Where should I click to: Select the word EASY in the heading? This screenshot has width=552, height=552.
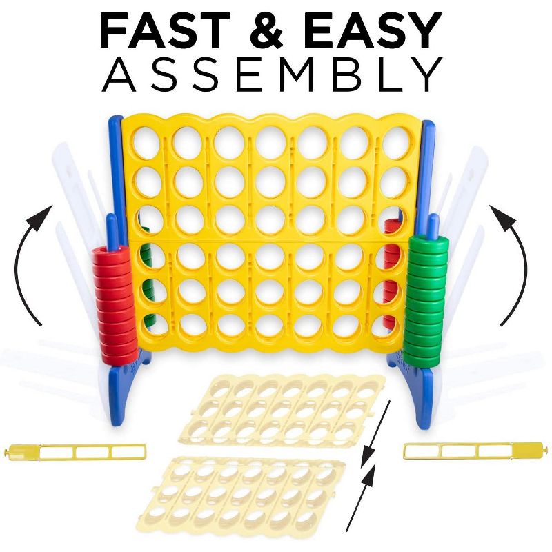[x=371, y=30]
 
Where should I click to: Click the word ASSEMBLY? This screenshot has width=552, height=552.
[x=272, y=75]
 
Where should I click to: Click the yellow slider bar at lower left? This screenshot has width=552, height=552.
[x=75, y=452]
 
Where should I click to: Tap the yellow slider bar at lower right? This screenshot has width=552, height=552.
[x=473, y=451]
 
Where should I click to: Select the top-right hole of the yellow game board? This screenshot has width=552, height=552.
[x=395, y=143]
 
